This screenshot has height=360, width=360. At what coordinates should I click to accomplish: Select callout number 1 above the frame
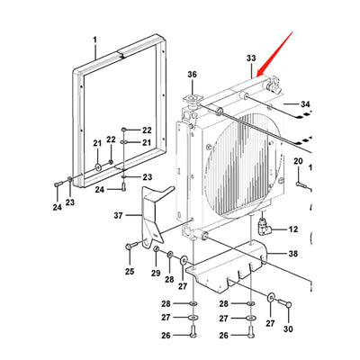pos(95,39)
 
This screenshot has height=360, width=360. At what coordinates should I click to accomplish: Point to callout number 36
pos(191,74)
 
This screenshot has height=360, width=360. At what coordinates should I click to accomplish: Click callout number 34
pos(303,104)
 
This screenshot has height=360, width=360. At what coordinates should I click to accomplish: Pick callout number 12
pos(292,229)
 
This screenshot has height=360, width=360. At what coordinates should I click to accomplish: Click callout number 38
pos(292,255)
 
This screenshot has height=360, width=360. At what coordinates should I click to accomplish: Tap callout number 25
pos(130,271)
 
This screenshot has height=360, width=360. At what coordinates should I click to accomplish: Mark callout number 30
pos(288,329)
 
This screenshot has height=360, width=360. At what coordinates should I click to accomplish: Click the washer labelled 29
pos(157,249)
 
